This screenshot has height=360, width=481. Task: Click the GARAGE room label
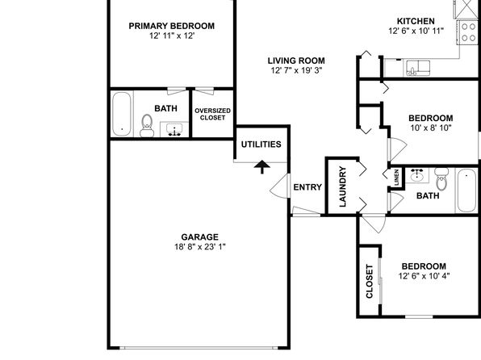click(199, 237)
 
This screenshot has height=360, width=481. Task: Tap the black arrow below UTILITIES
click(262, 167)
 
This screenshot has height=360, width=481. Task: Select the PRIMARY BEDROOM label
click(171, 26)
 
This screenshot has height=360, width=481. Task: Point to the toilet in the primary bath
click(147, 126)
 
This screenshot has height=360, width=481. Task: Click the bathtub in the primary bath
click(122, 114)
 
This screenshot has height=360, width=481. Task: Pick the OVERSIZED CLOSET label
click(212, 114)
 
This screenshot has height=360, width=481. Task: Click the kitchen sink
click(418, 68)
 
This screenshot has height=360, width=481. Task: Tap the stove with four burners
click(468, 32)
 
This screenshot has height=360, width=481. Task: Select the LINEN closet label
click(396, 178)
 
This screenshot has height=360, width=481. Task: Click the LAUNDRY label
click(343, 186)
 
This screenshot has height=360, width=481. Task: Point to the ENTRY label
click(307, 187)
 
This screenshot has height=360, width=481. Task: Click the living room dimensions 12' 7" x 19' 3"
click(296, 70)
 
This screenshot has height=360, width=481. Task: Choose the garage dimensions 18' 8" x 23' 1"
click(200, 247)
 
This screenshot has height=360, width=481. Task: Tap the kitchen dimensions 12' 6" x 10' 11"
click(416, 31)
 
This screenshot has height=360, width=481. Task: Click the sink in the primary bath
click(174, 129)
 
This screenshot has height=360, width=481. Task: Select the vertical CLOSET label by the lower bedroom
click(370, 282)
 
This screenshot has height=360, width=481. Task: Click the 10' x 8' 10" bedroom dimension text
click(431, 128)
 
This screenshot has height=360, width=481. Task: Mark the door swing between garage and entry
click(278, 186)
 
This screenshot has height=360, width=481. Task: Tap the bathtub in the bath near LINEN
click(466, 190)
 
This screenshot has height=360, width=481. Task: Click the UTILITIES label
click(261, 144)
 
